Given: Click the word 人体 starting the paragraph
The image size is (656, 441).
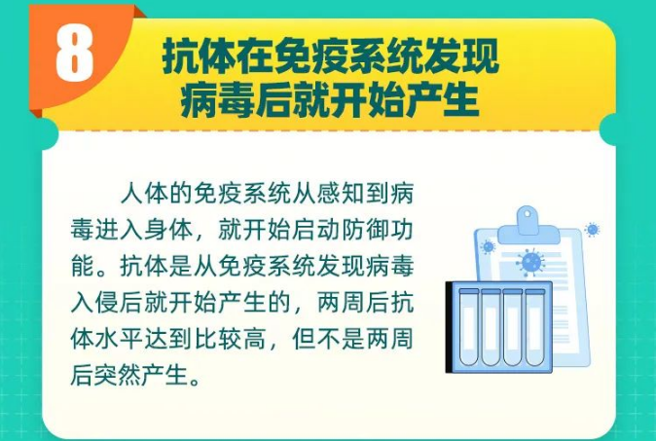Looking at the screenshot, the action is (x=144, y=194).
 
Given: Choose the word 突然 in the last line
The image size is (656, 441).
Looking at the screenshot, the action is (x=120, y=375).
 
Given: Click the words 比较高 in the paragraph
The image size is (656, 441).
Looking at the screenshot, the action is (x=230, y=339).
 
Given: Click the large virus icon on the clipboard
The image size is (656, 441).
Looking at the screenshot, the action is (x=530, y=262).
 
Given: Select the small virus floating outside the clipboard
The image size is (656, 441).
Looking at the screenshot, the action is (x=593, y=230).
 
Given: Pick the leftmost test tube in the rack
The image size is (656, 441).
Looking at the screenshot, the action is (x=469, y=327).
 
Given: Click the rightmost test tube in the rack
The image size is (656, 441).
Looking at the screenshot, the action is (x=535, y=327).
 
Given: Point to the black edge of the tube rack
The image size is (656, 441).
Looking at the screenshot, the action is (x=449, y=327).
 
